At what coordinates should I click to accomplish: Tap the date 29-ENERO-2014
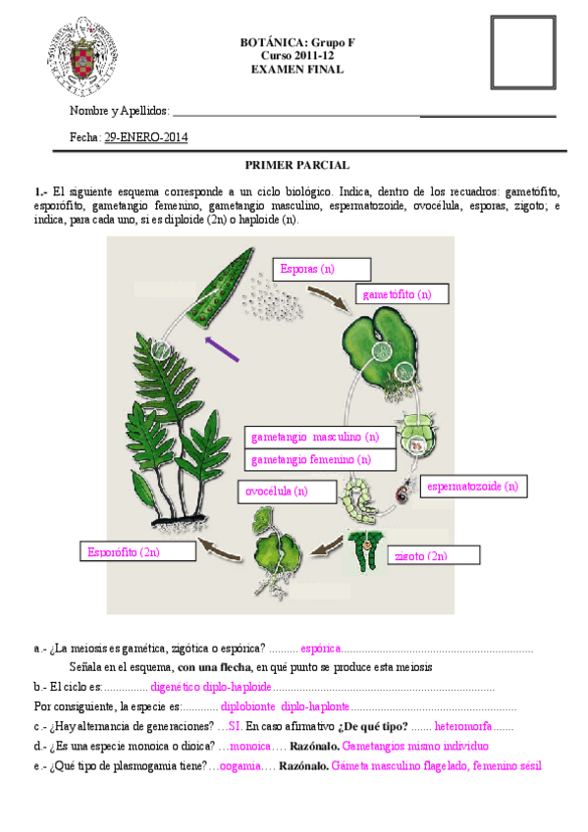(145, 137)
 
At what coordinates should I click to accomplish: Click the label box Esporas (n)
(323, 269)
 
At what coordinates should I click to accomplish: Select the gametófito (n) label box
(401, 294)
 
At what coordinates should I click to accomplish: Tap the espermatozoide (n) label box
(472, 486)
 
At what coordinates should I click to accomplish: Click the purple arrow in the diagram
(222, 346)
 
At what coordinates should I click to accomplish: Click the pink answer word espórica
(321, 649)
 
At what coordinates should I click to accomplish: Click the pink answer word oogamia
(241, 766)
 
